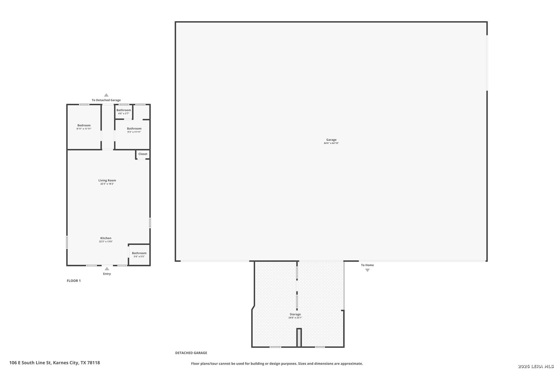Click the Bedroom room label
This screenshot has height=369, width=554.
[x=84, y=125]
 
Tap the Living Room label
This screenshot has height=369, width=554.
[x=107, y=180]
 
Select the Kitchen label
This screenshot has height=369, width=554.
[x=106, y=238]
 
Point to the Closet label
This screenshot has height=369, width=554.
[x=143, y=154]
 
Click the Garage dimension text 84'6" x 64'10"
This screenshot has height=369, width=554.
[x=331, y=143]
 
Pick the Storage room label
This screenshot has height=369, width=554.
[x=295, y=314]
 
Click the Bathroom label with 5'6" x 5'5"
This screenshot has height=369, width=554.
[x=139, y=253]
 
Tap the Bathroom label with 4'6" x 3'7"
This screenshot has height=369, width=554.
[x=124, y=110]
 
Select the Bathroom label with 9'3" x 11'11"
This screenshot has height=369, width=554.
[x=134, y=128]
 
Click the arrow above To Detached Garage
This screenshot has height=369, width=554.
[x=106, y=95]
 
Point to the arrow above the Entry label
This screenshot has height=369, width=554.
[x=107, y=269]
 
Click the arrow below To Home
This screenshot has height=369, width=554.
[x=368, y=270]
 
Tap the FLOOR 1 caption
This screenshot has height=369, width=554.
[x=74, y=281]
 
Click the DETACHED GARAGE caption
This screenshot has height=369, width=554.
[x=191, y=353]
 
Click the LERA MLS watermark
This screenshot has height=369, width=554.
[x=536, y=366]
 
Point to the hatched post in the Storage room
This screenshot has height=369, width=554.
[x=299, y=338]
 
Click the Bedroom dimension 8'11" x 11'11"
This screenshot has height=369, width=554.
[x=84, y=129]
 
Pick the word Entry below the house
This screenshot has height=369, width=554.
[x=107, y=274]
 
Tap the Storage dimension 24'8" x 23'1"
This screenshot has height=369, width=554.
[x=295, y=318]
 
